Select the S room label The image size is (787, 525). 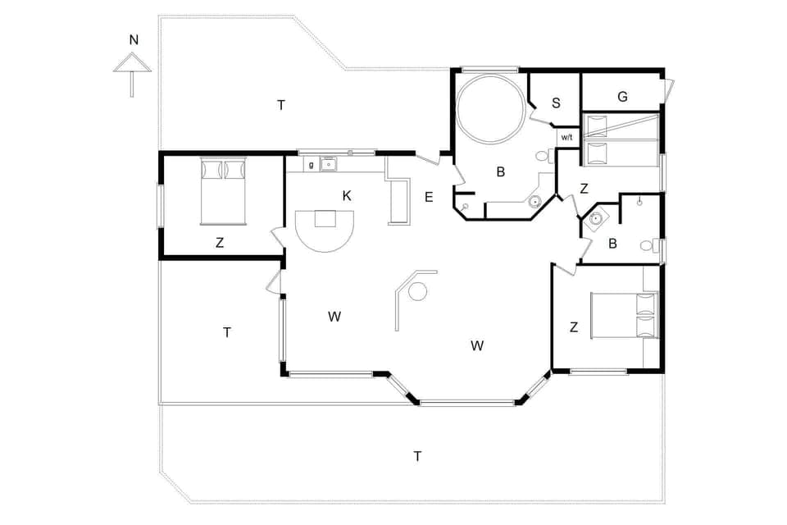click(556, 103)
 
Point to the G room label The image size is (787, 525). click(622, 97)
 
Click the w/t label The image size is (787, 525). click(566, 137)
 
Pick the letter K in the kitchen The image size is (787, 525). click(347, 195)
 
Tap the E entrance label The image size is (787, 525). click(428, 197)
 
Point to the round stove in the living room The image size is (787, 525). click(418, 291)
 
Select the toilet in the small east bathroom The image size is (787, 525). click(648, 244)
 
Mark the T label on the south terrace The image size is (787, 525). click(417, 456)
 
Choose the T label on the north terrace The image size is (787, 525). click(281, 105)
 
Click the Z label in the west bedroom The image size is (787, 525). click(220, 243)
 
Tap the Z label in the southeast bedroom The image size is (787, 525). click(574, 327)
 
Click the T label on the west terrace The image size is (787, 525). click(227, 332)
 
